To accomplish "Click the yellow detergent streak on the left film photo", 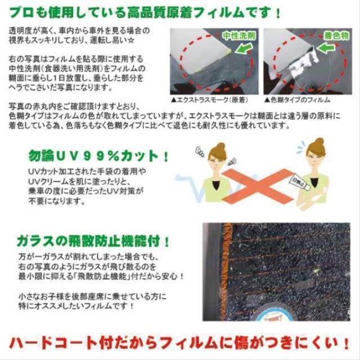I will [229, 52].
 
